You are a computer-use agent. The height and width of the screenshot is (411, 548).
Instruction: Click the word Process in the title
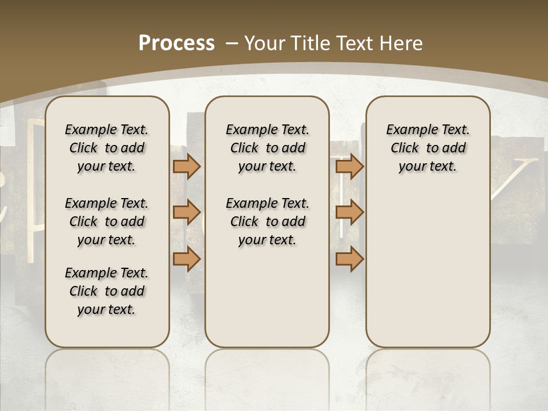click(176, 43)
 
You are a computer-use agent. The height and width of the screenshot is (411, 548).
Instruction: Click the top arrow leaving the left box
click(187, 167)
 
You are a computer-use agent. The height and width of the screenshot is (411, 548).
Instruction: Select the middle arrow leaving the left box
click(187, 212)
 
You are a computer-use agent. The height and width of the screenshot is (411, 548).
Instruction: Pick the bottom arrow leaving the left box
click(187, 259)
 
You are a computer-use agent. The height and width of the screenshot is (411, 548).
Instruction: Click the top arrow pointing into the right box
click(349, 167)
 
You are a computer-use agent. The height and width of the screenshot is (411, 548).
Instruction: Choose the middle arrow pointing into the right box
click(349, 212)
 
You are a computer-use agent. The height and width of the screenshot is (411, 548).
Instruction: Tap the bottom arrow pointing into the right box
click(349, 259)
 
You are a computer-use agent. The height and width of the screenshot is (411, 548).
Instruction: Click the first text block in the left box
click(107, 148)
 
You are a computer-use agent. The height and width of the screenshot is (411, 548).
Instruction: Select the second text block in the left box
click(107, 221)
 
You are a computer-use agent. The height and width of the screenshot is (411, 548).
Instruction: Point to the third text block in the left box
click(107, 291)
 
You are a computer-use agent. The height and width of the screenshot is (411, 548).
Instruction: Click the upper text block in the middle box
click(267, 148)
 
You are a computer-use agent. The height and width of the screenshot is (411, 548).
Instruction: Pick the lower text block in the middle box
click(267, 221)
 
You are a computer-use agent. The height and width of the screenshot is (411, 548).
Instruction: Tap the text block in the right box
click(428, 148)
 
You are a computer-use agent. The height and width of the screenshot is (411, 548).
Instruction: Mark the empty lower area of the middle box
click(267, 297)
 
